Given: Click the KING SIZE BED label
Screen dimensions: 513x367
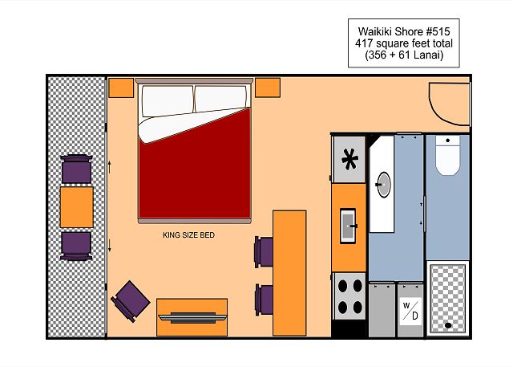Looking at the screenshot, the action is (x=189, y=235).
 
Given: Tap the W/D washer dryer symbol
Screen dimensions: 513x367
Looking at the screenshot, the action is (x=410, y=311).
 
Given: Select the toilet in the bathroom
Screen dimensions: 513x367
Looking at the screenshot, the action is (x=447, y=156).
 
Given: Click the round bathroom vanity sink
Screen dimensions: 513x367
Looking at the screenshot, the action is (x=384, y=185).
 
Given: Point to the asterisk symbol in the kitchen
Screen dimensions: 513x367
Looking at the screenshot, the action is (x=349, y=159).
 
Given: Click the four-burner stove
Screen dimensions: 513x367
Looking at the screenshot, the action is (x=349, y=296).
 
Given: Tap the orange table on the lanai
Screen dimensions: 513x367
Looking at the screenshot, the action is (x=77, y=207).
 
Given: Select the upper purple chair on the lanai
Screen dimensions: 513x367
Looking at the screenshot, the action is (x=77, y=169).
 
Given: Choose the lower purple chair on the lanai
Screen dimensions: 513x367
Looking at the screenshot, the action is (x=76, y=246).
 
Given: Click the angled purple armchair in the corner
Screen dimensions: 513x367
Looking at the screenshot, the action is (x=130, y=301).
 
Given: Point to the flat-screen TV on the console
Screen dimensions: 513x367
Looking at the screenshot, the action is (x=192, y=317).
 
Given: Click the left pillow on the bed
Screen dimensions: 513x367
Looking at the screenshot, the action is (x=168, y=100).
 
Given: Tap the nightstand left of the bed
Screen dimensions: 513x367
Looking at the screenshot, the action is (x=121, y=88).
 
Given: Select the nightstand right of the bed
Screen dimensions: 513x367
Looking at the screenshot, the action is (x=268, y=88).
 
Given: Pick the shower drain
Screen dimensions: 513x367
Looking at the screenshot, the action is (x=447, y=325).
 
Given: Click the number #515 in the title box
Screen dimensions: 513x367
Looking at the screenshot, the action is (x=438, y=31).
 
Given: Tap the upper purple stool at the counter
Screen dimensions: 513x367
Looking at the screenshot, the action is (x=264, y=251).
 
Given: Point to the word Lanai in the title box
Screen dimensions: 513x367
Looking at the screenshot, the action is (x=426, y=55).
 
